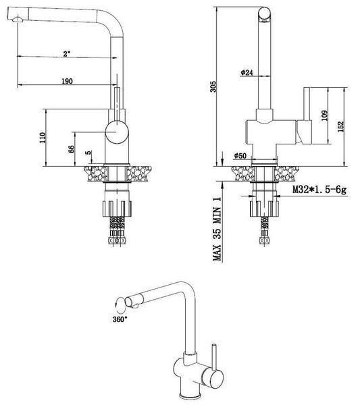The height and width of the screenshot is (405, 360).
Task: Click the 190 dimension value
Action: pos(67,81)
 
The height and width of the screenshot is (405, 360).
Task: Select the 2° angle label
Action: pos(67,54)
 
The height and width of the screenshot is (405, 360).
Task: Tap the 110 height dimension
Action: pos(43,138)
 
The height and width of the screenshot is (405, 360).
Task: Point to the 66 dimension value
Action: pos(71,149)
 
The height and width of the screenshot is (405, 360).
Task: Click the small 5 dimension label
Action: pos(88,153)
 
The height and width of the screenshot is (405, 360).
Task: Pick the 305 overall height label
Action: pos(213,87)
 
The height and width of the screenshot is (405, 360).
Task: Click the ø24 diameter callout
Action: pos(247,73)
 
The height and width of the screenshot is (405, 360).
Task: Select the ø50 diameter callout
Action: pos(240,156)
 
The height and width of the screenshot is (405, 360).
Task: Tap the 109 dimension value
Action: pos(324,115)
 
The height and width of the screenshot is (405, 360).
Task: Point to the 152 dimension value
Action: pos(341,127)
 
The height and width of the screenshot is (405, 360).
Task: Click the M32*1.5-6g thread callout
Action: pos(319,190)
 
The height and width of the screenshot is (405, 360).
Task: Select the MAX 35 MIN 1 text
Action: pos(217,229)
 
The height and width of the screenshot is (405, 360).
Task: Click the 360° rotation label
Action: pos(120,319)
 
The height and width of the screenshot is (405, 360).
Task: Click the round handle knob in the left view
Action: pos(117,132)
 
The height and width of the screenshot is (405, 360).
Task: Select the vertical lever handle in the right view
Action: pos(307,115)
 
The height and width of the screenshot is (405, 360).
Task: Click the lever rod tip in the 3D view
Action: pos(213,345)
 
